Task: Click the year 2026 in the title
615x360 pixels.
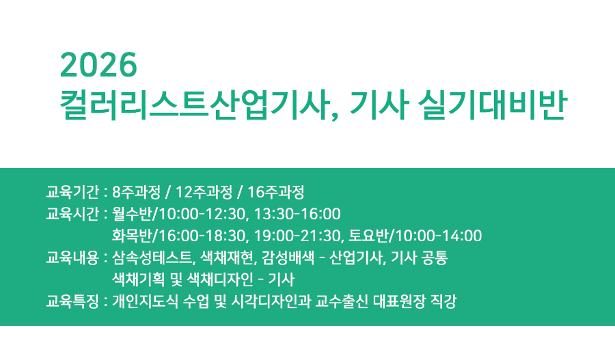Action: point(99,66)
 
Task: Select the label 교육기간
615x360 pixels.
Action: point(72,191)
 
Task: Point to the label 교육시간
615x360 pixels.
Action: point(72,214)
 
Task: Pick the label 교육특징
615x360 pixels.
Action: point(72,301)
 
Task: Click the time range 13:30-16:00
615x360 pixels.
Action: point(297,214)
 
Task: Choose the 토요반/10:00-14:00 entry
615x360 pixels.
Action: point(415,236)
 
